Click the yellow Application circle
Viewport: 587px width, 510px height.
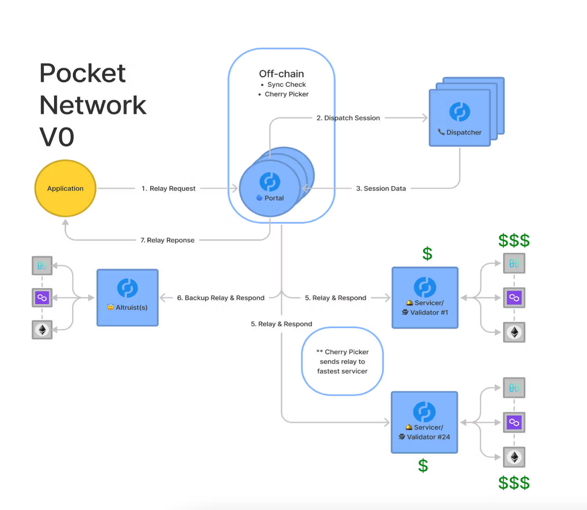(65, 188)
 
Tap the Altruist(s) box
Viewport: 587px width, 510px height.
(127, 298)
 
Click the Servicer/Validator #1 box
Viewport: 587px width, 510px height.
(425, 298)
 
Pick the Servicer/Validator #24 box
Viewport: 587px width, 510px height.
(424, 422)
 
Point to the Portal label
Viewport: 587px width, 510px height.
(274, 198)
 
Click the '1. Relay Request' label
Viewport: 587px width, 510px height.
(168, 188)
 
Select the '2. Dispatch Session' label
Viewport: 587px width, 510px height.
(348, 118)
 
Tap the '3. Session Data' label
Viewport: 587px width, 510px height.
(381, 188)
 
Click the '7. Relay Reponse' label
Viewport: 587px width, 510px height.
(167, 240)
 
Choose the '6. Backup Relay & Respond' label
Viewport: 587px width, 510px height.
(220, 298)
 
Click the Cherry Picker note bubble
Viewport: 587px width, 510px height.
(342, 361)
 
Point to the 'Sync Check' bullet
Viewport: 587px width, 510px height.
(286, 84)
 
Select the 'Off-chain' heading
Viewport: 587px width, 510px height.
(281, 74)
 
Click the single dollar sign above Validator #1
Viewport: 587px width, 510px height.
(427, 254)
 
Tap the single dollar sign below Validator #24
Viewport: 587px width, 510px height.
(423, 465)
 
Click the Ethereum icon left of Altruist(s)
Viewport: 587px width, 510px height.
(42, 330)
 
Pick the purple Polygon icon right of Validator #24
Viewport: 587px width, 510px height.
(514, 422)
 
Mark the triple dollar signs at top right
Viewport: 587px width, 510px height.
(514, 241)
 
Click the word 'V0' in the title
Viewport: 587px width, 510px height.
(57, 137)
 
